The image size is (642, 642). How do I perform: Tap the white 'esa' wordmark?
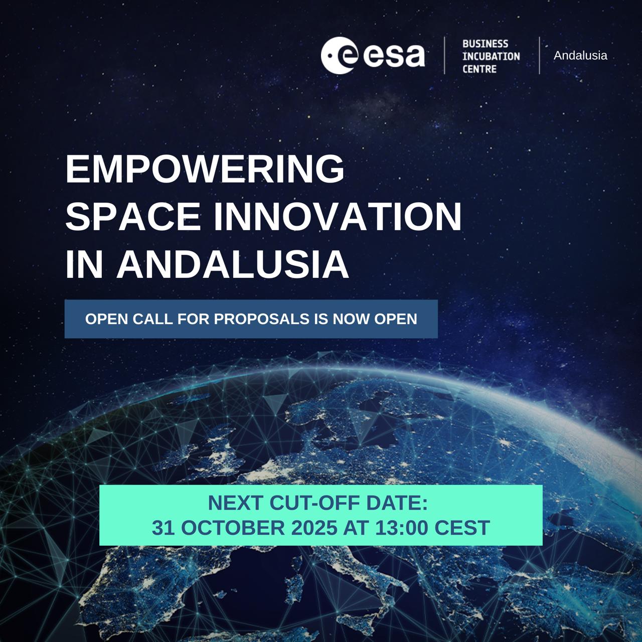tap(394, 55)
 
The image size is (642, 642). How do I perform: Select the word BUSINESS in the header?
tap(485, 44)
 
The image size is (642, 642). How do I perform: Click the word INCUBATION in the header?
tap(491, 56)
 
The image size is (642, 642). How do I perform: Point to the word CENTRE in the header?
tap(479, 69)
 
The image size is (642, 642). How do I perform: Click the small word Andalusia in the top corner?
tap(580, 55)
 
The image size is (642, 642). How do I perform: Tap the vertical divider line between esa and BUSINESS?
tap(444, 55)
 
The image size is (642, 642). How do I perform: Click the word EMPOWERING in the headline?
tap(205, 169)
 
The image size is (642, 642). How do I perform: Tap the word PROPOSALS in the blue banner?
tap(262, 319)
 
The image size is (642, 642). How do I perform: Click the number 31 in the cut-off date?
tap(163, 528)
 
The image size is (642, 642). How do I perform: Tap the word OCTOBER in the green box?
tap(233, 528)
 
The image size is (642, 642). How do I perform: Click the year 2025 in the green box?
tap(314, 528)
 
